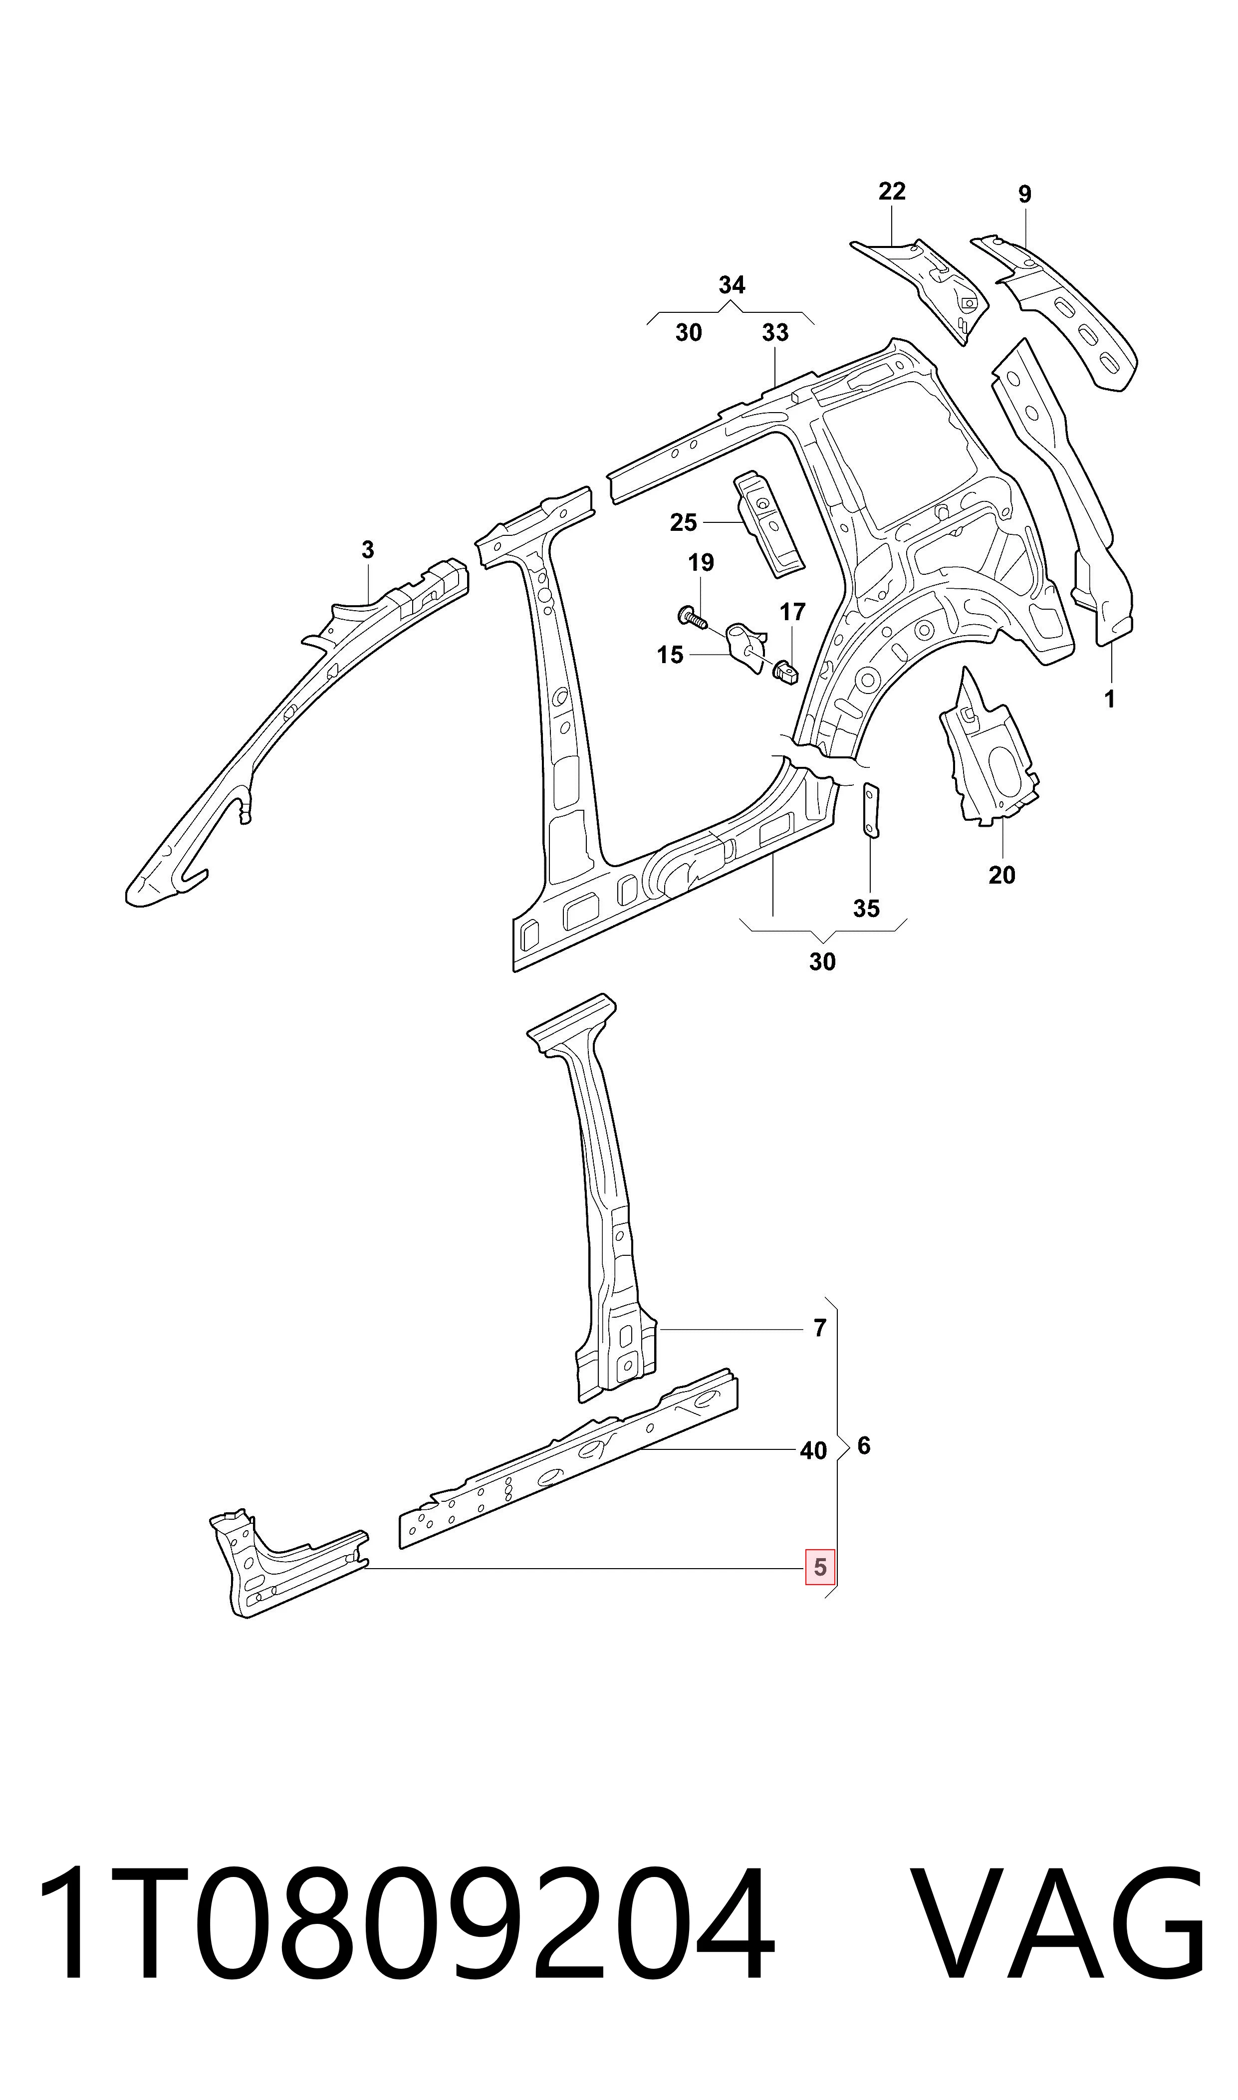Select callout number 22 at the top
pyautogui.click(x=892, y=192)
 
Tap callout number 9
pyautogui.click(x=1024, y=194)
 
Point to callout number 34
pyautogui.click(x=732, y=285)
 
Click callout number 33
pyautogui.click(x=775, y=333)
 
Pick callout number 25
pyautogui.click(x=683, y=523)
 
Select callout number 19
pyautogui.click(x=701, y=563)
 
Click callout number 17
pyautogui.click(x=792, y=612)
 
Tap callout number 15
pyautogui.click(x=670, y=656)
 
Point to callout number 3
pyautogui.click(x=368, y=550)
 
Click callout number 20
pyautogui.click(x=1002, y=876)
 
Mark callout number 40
pyautogui.click(x=813, y=1451)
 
